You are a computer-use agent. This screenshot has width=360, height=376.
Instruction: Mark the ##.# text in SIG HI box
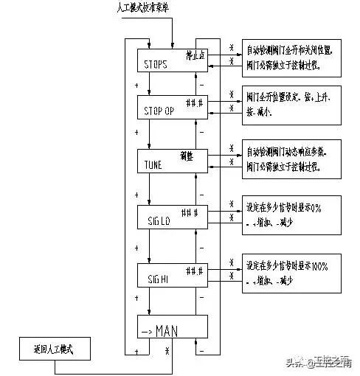194,267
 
